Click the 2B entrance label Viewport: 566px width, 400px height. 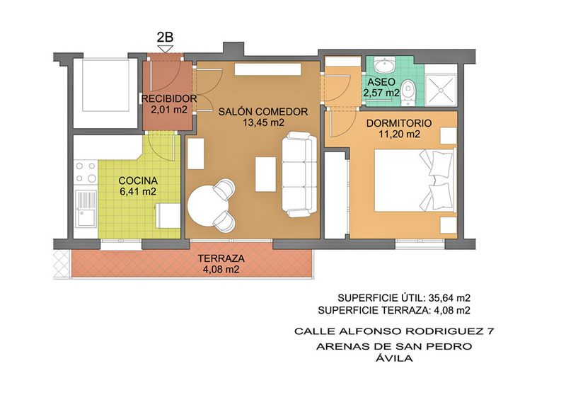click(x=165, y=38)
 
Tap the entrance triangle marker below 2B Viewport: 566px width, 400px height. click(x=166, y=49)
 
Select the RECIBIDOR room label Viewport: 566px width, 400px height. click(x=169, y=98)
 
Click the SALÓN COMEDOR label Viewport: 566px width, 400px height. click(x=262, y=112)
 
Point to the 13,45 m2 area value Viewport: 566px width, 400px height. click(x=263, y=123)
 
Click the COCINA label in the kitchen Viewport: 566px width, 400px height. click(x=138, y=181)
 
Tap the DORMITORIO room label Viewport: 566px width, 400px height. click(x=399, y=123)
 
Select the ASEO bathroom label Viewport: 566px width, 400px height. click(x=381, y=82)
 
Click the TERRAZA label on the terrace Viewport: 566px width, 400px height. click(x=221, y=258)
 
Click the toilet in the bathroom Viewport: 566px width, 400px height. click(x=409, y=92)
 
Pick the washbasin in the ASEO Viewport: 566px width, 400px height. click(x=385, y=65)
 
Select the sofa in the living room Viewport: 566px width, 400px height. click(x=299, y=175)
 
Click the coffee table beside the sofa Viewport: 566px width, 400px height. click(x=266, y=173)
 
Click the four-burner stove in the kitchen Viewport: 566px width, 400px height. click(x=86, y=172)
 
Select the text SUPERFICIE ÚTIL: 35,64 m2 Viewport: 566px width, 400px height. click(x=404, y=298)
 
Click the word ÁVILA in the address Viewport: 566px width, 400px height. click(x=394, y=358)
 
